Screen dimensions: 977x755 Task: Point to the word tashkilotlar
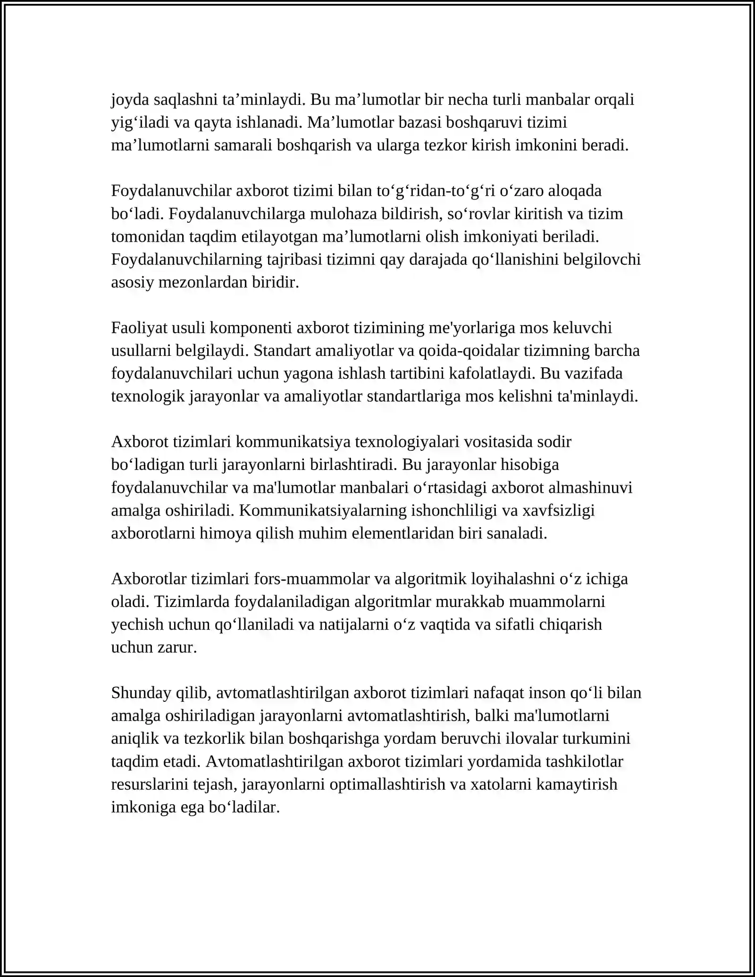pyautogui.click(x=584, y=762)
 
